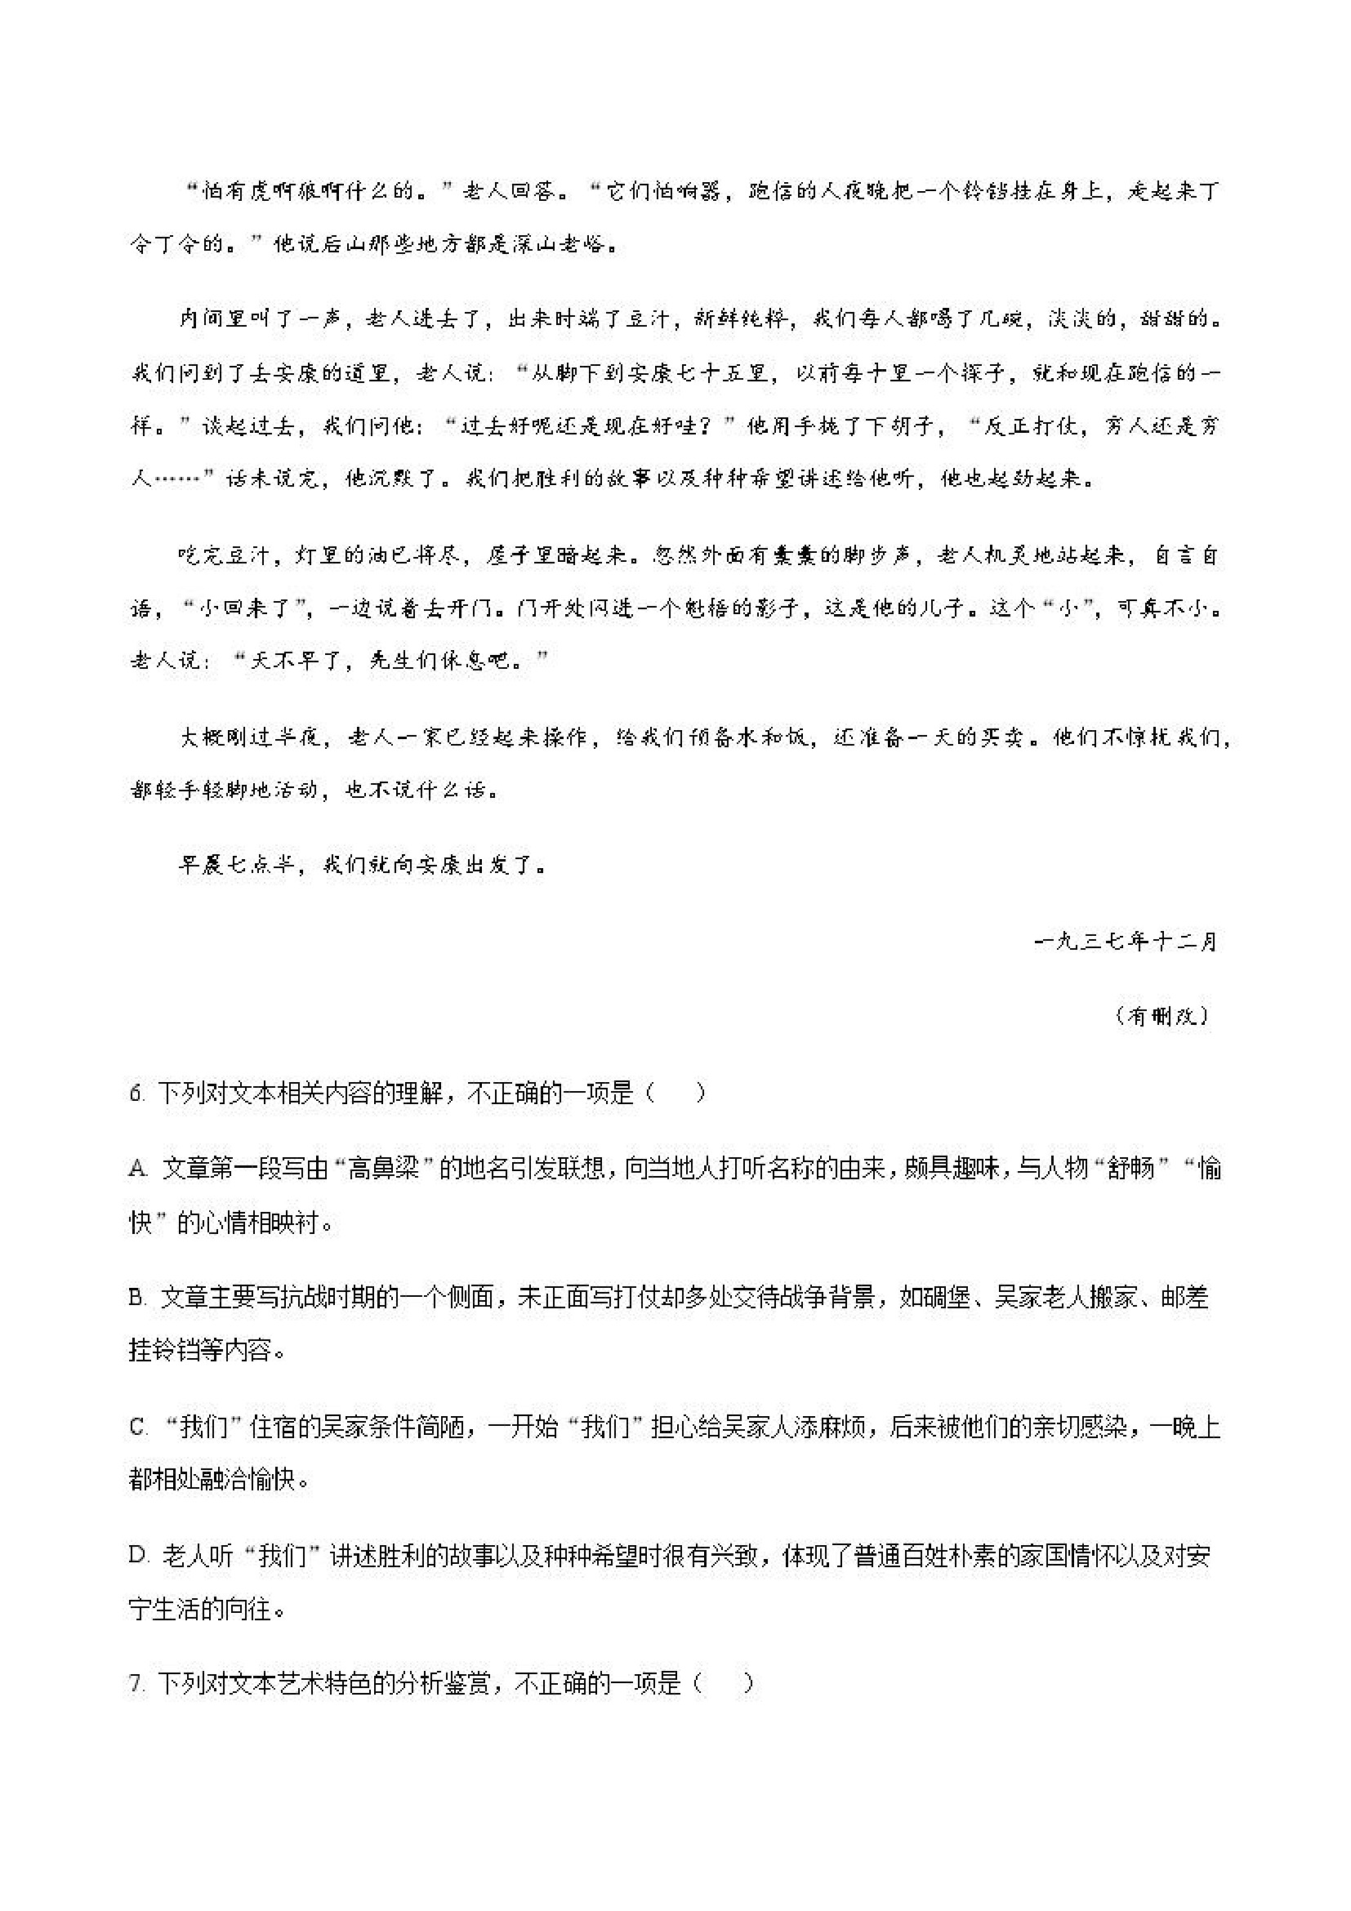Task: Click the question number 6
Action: pyautogui.click(x=136, y=1093)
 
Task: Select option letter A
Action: pyautogui.click(x=137, y=1169)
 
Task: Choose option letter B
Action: pyautogui.click(x=137, y=1298)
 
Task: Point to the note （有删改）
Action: pyautogui.click(x=1162, y=1016)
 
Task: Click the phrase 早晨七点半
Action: pyautogui.click(x=237, y=865)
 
